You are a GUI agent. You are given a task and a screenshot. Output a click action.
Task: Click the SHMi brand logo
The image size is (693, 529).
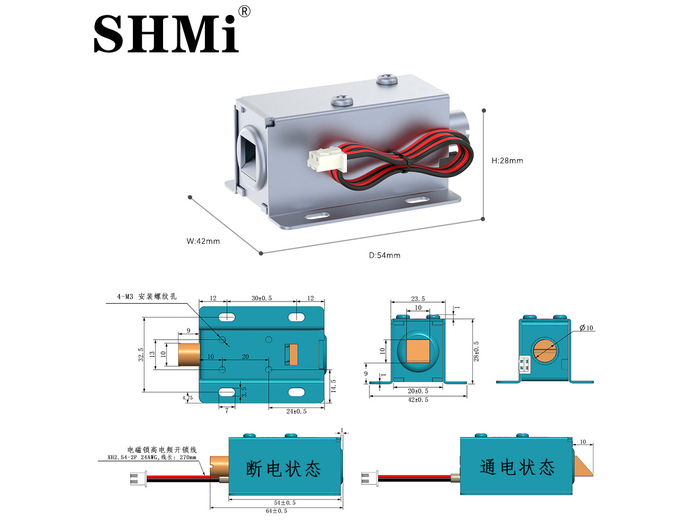tap(166, 33)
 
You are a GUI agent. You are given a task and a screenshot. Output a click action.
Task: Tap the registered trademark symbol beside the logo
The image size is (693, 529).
tap(244, 12)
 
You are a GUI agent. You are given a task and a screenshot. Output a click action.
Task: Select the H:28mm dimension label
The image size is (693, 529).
tap(507, 161)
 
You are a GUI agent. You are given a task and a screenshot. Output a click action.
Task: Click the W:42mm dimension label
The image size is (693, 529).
tap(203, 241)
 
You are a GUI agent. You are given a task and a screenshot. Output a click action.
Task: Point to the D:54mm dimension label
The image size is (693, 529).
tap(384, 256)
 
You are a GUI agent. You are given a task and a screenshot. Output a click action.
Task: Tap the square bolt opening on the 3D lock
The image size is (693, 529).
tap(250, 153)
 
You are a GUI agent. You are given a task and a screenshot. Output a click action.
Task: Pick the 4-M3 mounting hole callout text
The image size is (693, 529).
tap(147, 297)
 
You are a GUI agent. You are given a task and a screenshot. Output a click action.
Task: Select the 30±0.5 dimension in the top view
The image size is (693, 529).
tap(262, 298)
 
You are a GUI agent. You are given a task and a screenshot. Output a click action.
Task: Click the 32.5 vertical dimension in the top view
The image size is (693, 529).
tap(141, 354)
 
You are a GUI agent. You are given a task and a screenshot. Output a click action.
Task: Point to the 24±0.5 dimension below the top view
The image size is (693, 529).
tap(296, 412)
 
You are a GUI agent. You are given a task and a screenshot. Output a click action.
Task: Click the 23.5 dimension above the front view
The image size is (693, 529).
tap(418, 299)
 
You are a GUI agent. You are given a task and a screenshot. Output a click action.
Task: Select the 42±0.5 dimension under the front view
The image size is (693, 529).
tap(418, 400)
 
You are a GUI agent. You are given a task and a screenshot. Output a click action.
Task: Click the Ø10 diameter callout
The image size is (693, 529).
tap(586, 328)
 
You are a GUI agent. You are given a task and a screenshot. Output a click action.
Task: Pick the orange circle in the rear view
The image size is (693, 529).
tap(546, 350)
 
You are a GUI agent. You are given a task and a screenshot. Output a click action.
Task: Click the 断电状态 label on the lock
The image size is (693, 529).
tap(283, 469)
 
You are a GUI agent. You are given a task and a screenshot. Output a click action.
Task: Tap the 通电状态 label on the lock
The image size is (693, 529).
tap(517, 467)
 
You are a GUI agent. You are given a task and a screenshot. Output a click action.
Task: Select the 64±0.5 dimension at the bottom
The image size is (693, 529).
tap(276, 511)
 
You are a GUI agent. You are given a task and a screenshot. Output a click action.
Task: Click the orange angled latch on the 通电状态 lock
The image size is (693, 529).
tap(582, 464)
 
